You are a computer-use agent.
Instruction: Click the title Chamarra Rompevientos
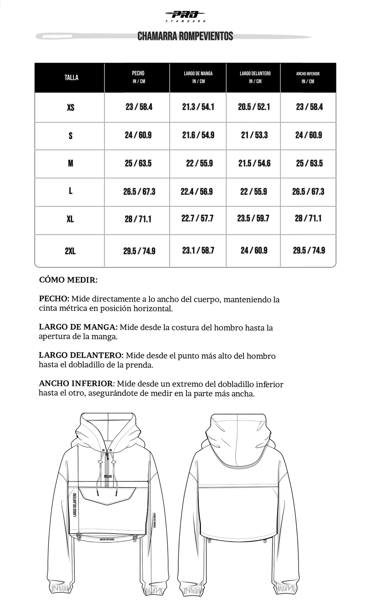[x=185, y=36]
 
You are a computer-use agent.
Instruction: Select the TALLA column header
[x=71, y=78]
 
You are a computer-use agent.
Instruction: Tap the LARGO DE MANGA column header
[x=198, y=77]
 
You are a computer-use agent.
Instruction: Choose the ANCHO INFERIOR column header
[x=307, y=77]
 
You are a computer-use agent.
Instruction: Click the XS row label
[x=70, y=107]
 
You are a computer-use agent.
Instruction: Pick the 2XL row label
[x=70, y=251]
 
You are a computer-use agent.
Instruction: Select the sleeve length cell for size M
[x=199, y=163]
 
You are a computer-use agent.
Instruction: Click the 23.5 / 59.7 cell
[x=253, y=218]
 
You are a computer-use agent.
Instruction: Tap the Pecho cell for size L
[x=139, y=192]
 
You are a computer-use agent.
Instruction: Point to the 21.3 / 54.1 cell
[x=198, y=107]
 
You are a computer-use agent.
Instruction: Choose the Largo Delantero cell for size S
[x=254, y=135]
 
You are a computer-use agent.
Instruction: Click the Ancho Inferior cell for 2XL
[x=309, y=250]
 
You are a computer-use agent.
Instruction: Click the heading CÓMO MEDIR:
[x=68, y=280]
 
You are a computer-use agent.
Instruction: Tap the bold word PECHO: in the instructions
[x=54, y=299]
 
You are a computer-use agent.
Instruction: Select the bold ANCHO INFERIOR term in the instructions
[x=75, y=384]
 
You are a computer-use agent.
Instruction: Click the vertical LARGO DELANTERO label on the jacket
[x=75, y=505]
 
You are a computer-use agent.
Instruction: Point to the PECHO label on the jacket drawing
[x=108, y=476]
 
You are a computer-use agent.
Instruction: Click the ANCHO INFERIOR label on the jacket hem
[x=107, y=540]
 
